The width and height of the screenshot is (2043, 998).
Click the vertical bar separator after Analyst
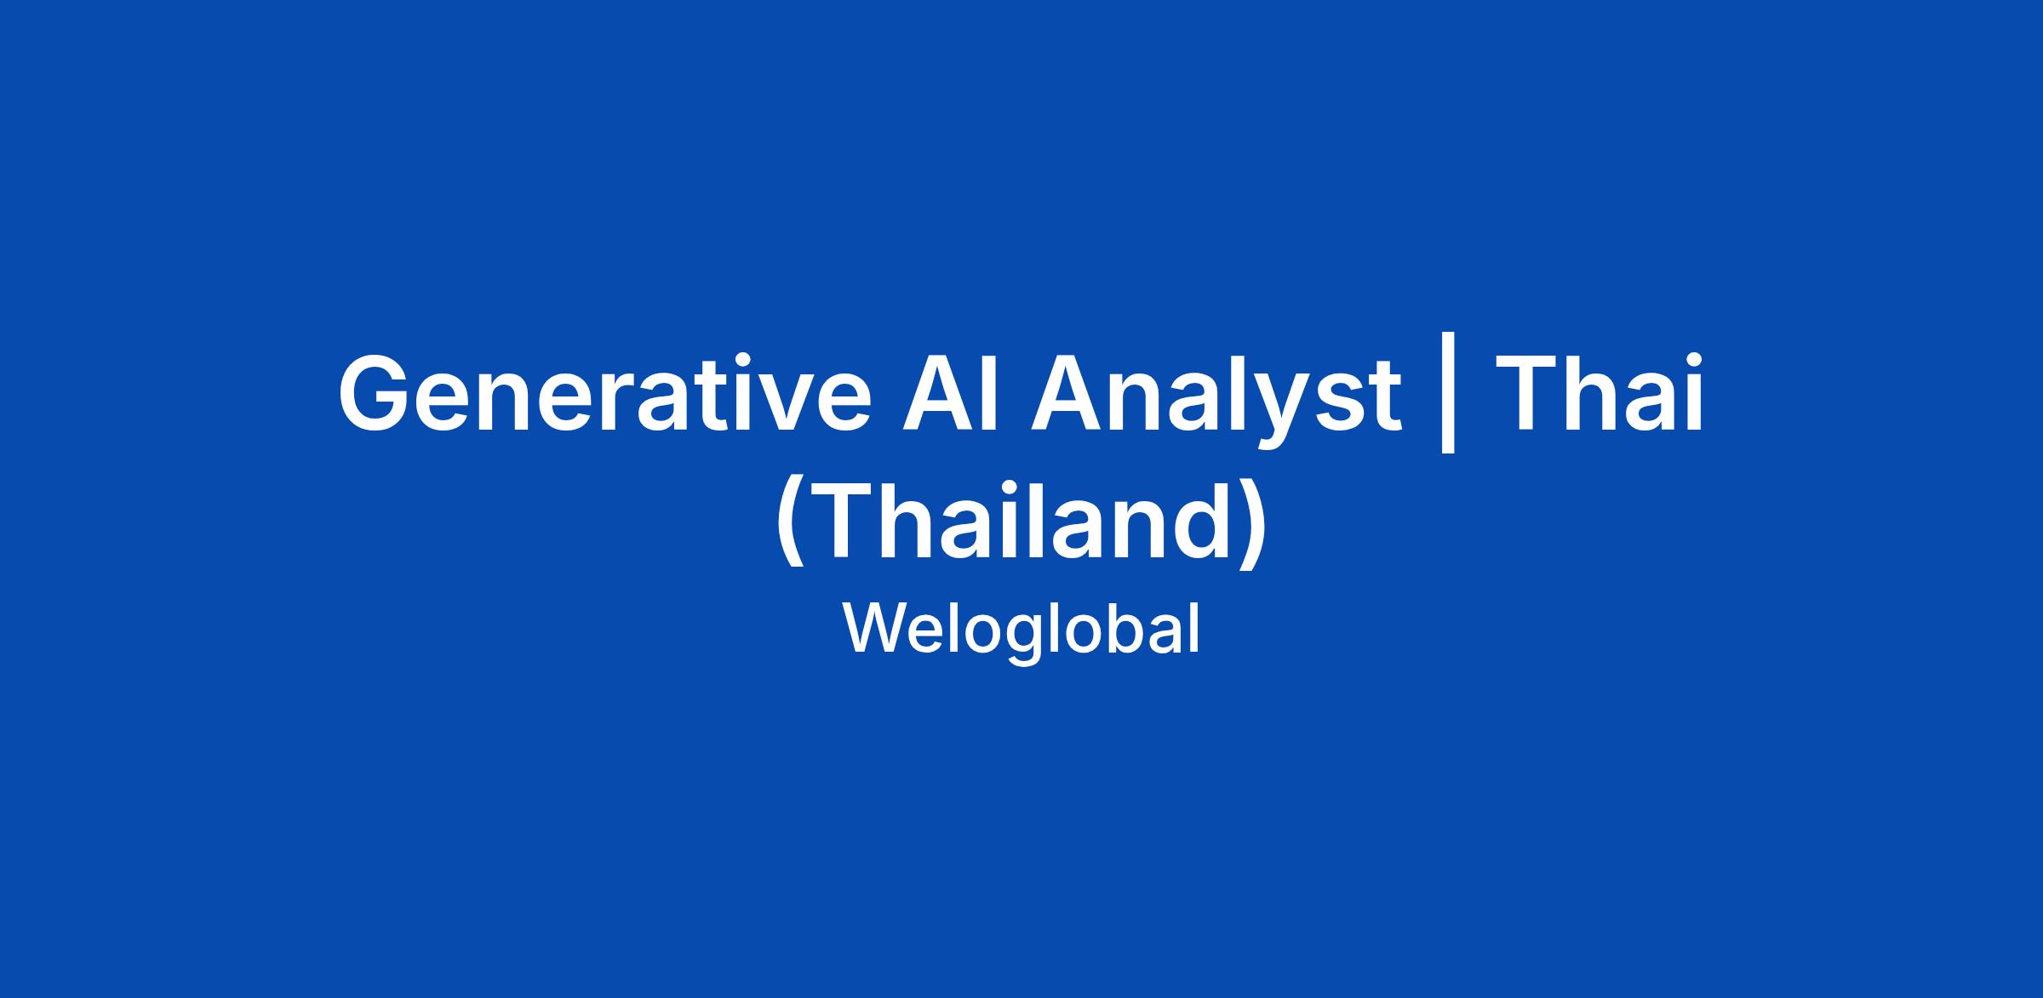[x=1449, y=401]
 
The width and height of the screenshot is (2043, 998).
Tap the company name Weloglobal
[x=1021, y=630]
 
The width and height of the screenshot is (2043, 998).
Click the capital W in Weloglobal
[x=874, y=629]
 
